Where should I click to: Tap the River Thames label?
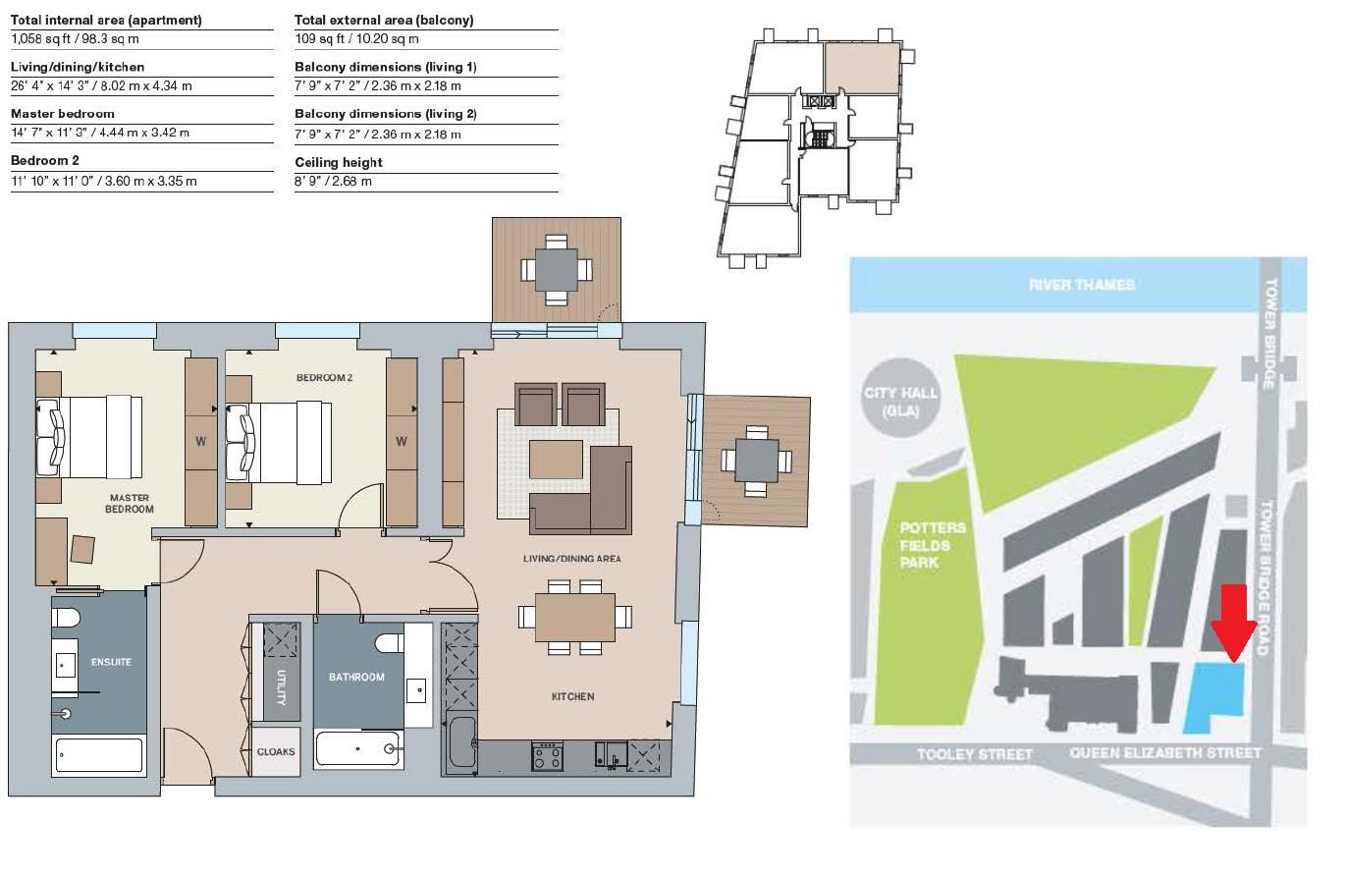(x=1081, y=285)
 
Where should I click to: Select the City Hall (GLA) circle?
(x=900, y=402)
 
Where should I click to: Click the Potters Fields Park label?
(x=932, y=545)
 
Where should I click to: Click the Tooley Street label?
(x=974, y=754)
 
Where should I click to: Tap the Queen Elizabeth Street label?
(x=1164, y=753)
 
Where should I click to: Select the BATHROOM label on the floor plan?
(x=356, y=677)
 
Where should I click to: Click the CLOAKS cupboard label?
(x=276, y=751)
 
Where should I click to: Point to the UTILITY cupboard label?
(x=281, y=686)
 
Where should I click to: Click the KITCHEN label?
(x=572, y=696)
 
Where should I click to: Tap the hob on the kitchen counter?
(x=547, y=755)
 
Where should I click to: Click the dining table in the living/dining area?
(x=575, y=618)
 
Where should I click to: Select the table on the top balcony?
(x=556, y=269)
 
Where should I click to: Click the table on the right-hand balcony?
(x=756, y=461)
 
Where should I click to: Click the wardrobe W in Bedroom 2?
(x=401, y=442)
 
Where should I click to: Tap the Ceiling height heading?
(x=339, y=162)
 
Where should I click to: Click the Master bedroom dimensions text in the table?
(x=100, y=133)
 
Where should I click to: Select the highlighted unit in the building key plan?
(x=861, y=68)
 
